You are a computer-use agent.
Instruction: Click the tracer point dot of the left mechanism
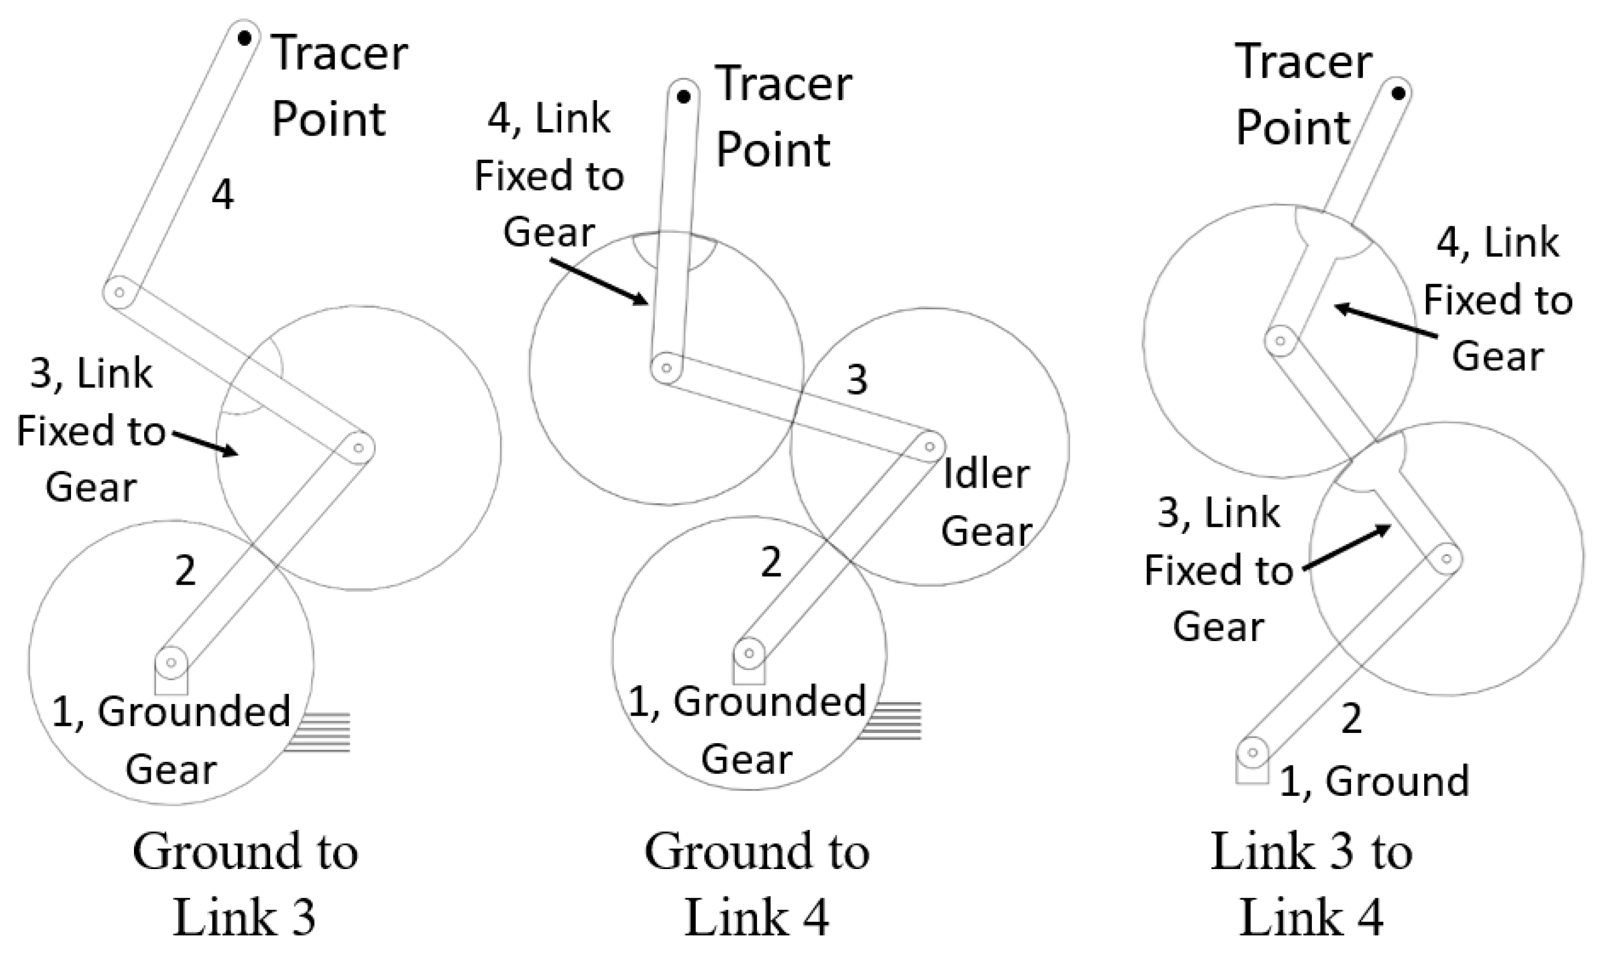[244, 39]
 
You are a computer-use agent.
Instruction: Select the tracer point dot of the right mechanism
[1398, 93]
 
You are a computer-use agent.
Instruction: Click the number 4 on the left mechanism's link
[222, 194]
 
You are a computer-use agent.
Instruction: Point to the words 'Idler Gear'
[985, 502]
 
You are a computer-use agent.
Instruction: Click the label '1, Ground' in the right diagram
[1374, 781]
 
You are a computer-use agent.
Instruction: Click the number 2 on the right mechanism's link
[1350, 717]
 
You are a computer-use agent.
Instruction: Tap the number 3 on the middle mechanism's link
[857, 380]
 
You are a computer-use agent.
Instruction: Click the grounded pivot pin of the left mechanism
[172, 663]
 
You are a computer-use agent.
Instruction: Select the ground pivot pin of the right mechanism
[1252, 753]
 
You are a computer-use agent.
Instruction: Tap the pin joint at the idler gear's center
[930, 447]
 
